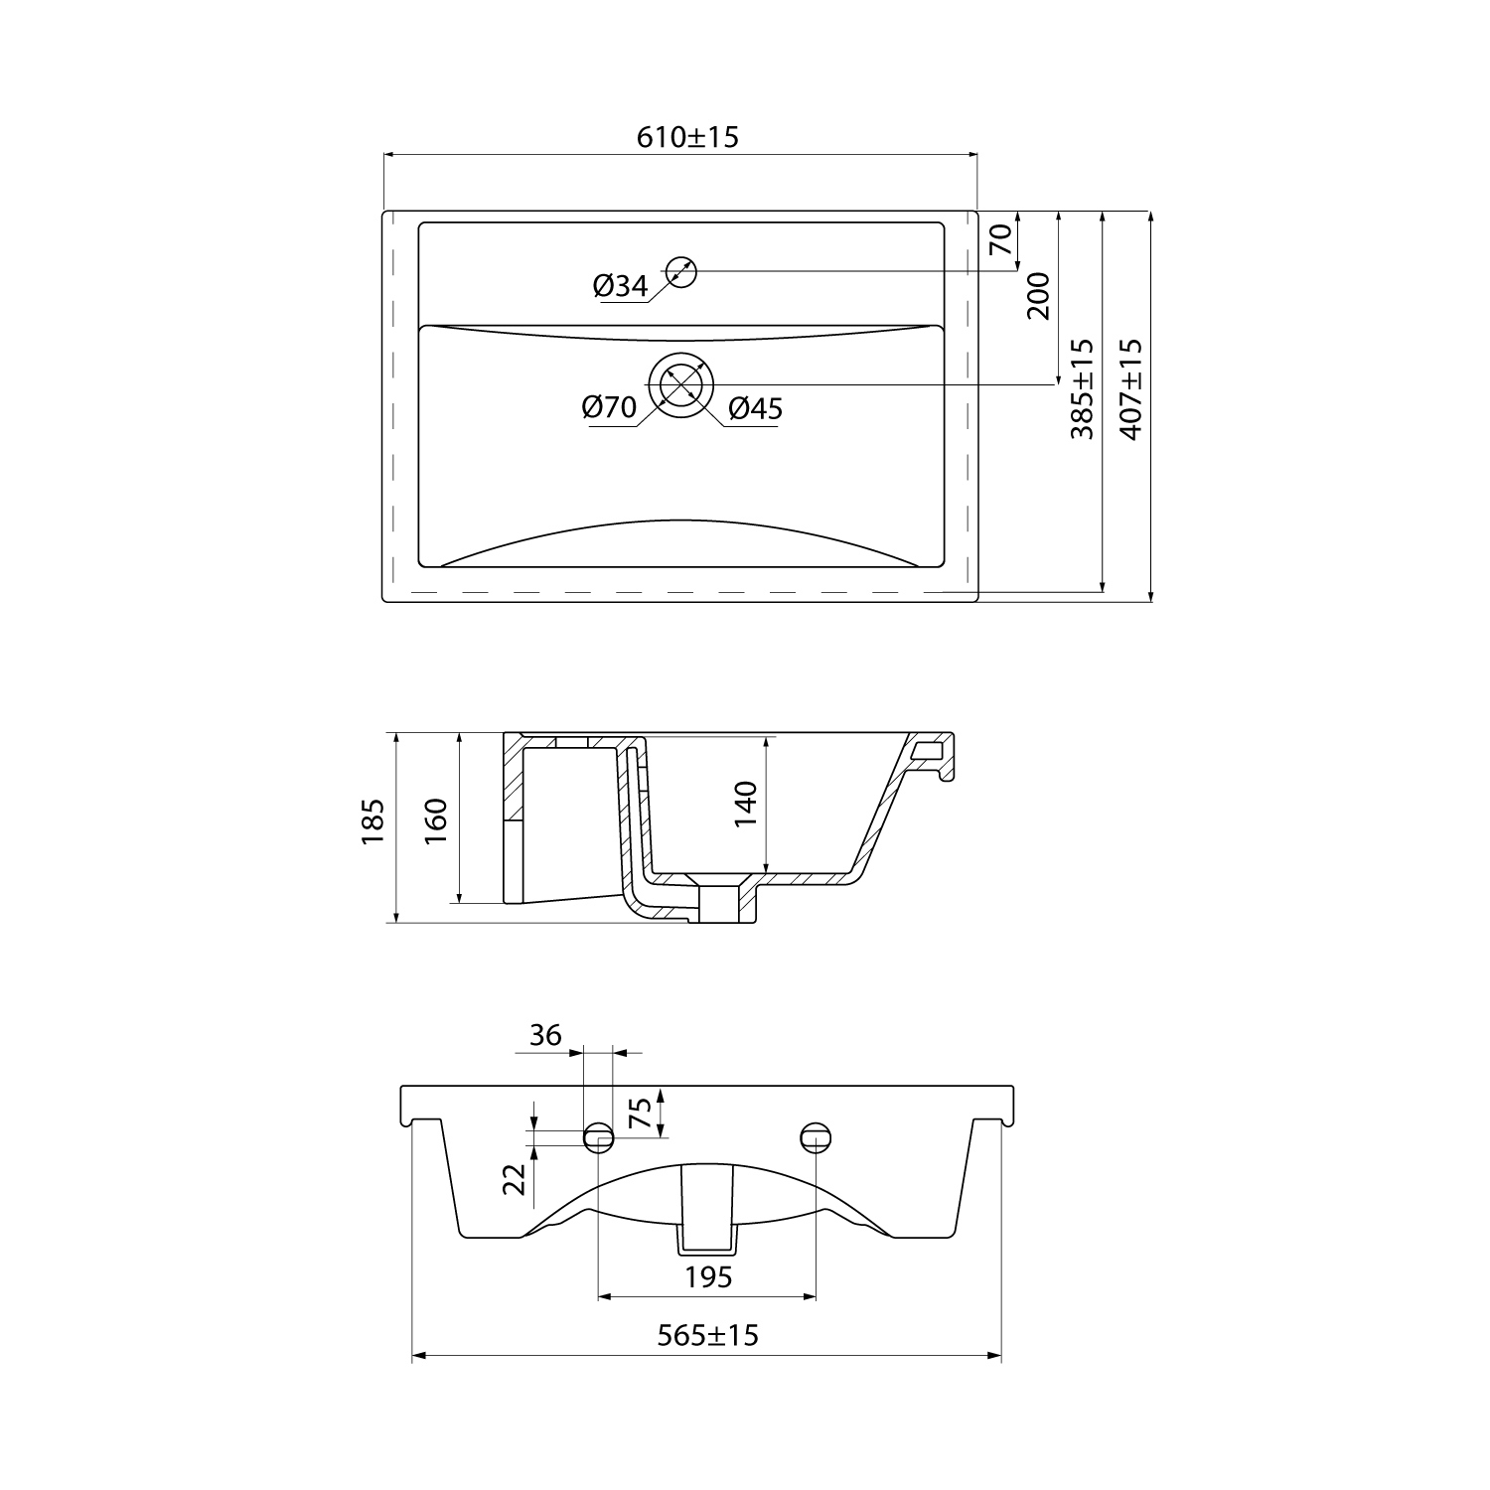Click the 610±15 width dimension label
pos(687,137)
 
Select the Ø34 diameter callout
pos(621,287)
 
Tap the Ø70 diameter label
pos(609,407)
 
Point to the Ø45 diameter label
pos(756,408)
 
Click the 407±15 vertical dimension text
pos(1130,389)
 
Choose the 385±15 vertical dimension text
pos(1082,389)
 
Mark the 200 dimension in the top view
pos(1037,296)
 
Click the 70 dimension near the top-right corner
pos(999,239)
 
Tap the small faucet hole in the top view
pos(681,271)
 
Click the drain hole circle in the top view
pos(681,384)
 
